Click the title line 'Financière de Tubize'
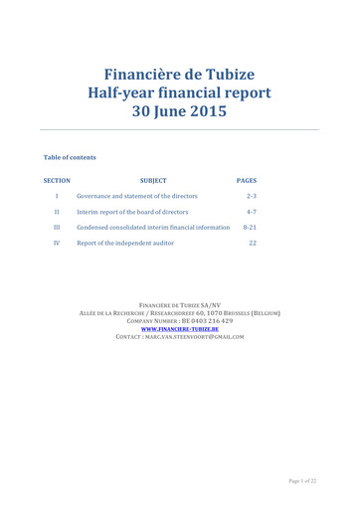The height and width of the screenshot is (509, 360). (180, 76)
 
